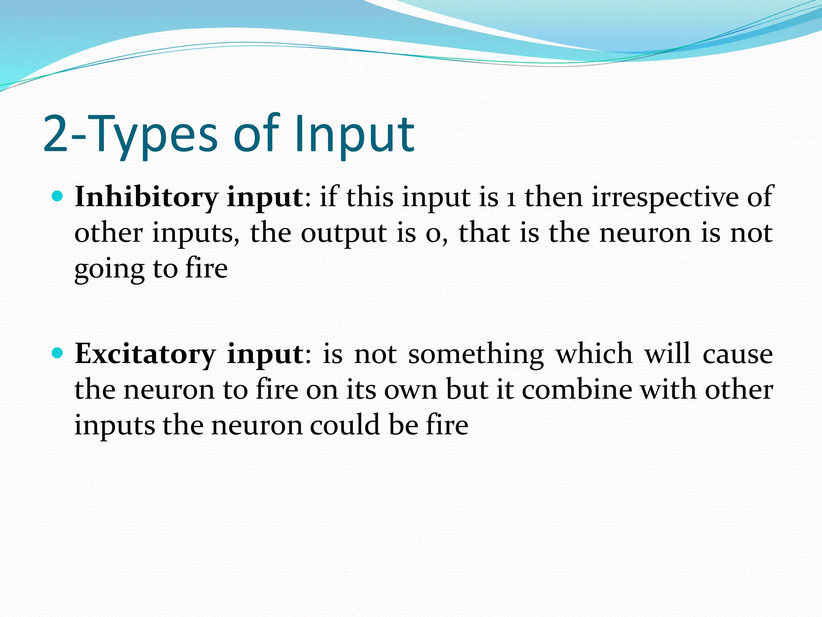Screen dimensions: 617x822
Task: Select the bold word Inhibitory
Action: (x=146, y=198)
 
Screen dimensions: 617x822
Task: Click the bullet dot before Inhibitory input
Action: (x=58, y=197)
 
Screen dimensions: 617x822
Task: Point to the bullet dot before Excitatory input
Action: (x=58, y=353)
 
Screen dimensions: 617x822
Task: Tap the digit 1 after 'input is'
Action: (x=511, y=198)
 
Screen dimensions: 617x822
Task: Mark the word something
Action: (x=476, y=354)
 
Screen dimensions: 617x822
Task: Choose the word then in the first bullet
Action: (x=553, y=198)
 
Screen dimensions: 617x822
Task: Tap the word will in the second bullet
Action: (x=667, y=354)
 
